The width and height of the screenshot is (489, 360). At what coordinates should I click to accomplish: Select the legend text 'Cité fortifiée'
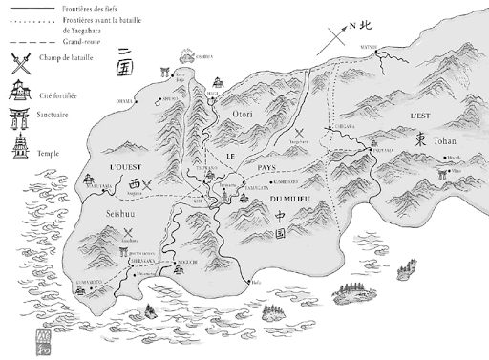(59, 94)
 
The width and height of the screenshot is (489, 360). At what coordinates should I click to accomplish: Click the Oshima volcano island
(195, 56)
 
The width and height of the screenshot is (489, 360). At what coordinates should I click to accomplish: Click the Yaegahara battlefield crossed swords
(299, 134)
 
